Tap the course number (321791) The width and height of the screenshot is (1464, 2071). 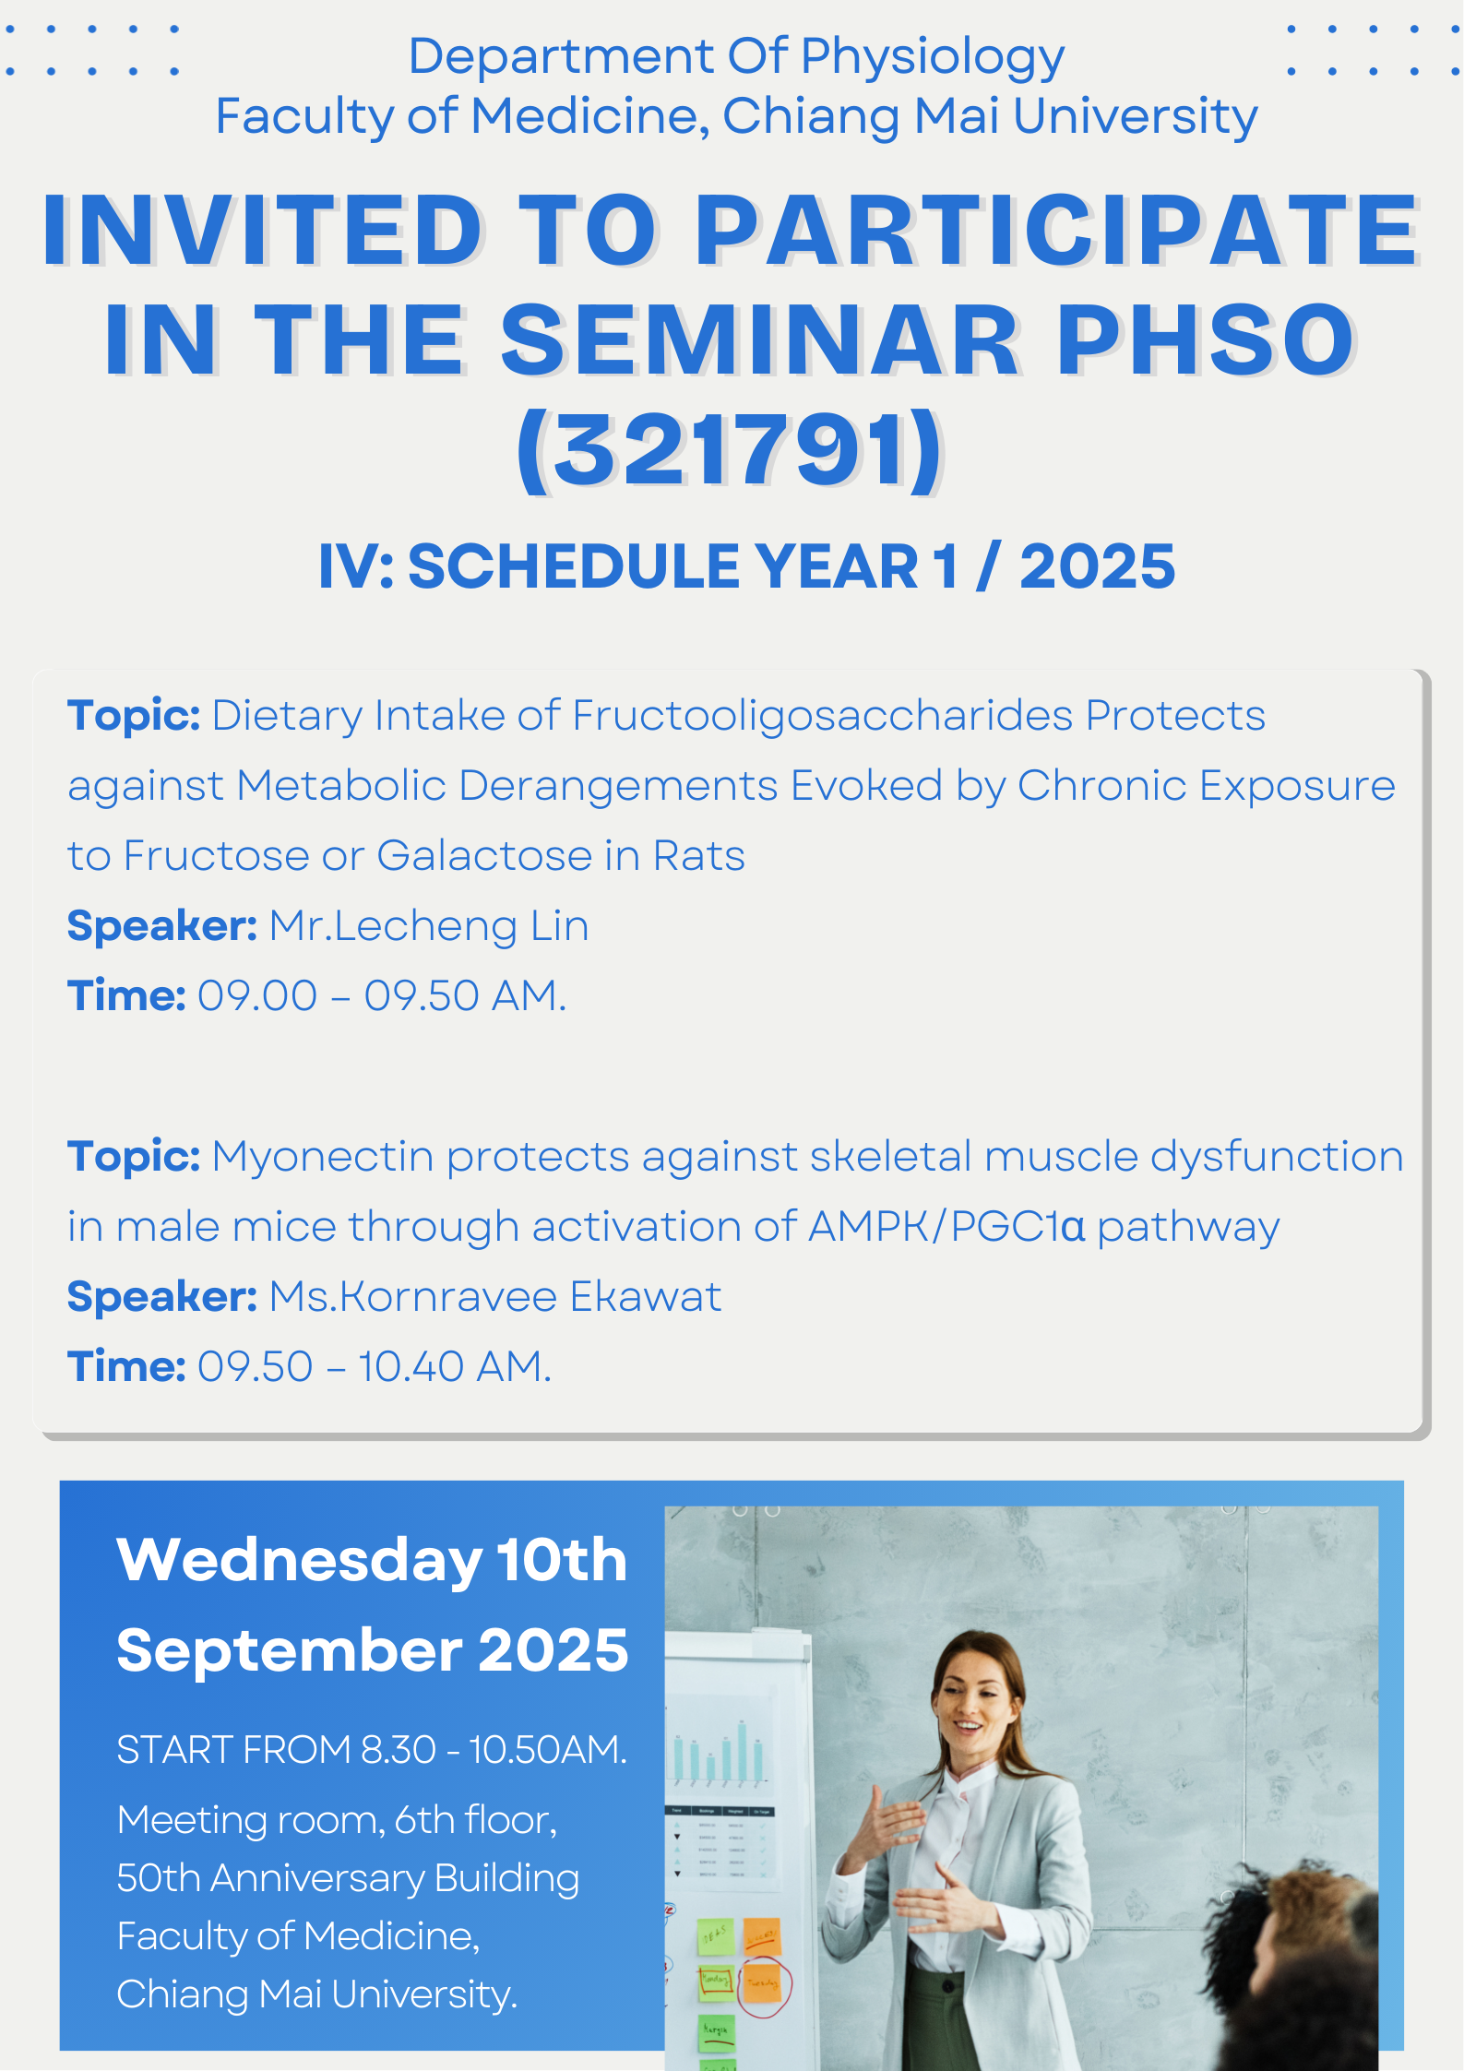pyautogui.click(x=730, y=451)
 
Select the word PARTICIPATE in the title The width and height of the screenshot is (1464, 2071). pyautogui.click(x=1057, y=230)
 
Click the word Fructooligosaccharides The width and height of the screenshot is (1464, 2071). pyautogui.click(x=823, y=716)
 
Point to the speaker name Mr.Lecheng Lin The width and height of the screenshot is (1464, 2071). pyautogui.click(x=429, y=926)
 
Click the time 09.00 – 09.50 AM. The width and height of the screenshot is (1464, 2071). pyautogui.click(x=382, y=996)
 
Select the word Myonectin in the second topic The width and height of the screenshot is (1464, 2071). pyautogui.click(x=323, y=1157)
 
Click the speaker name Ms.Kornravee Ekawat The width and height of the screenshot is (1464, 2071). pyautogui.click(x=495, y=1297)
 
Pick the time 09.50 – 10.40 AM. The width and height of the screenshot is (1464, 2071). pyautogui.click(x=375, y=1367)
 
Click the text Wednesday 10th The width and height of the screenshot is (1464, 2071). pyautogui.click(x=372, y=1560)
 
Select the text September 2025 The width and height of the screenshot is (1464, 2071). pyautogui.click(x=372, y=1650)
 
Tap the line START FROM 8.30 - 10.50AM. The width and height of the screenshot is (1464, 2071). pyautogui.click(x=372, y=1750)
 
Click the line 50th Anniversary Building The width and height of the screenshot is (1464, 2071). pyautogui.click(x=348, y=1878)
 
